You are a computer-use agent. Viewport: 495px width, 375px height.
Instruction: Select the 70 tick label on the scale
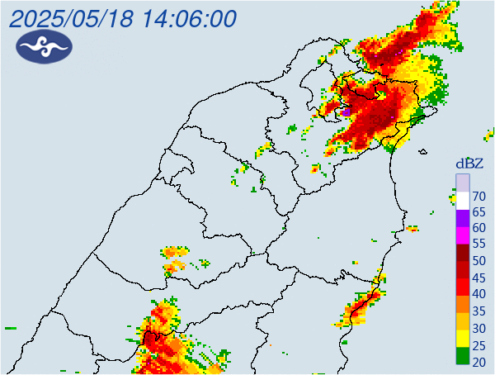click(x=478, y=197)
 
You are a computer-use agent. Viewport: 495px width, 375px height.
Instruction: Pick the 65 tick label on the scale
click(x=478, y=212)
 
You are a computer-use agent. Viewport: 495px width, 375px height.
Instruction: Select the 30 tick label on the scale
click(x=478, y=328)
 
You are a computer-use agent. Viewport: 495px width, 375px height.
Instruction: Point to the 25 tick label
click(x=478, y=344)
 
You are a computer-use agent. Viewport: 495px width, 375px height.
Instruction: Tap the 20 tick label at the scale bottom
click(x=478, y=361)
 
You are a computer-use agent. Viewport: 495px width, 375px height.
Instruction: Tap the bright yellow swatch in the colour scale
click(x=463, y=339)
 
